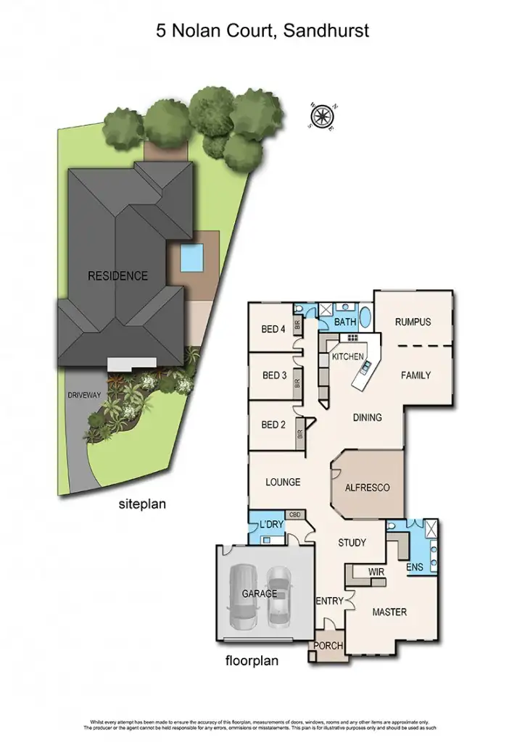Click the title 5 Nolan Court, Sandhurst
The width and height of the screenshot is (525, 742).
click(262, 30)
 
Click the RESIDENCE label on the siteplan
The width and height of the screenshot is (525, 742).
click(117, 276)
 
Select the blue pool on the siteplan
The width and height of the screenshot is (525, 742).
click(191, 256)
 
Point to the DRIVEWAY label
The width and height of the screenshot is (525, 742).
click(86, 396)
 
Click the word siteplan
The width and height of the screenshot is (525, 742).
click(142, 504)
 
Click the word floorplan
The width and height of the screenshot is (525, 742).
click(252, 660)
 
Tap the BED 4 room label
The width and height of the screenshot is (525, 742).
click(273, 330)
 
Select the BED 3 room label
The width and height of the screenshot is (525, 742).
click(273, 375)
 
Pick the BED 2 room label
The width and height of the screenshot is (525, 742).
click(273, 425)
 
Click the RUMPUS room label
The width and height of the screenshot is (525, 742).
click(413, 322)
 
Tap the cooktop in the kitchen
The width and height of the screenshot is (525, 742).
click(354, 338)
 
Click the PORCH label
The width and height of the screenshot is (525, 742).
click(328, 646)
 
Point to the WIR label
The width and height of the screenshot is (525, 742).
click(376, 572)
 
